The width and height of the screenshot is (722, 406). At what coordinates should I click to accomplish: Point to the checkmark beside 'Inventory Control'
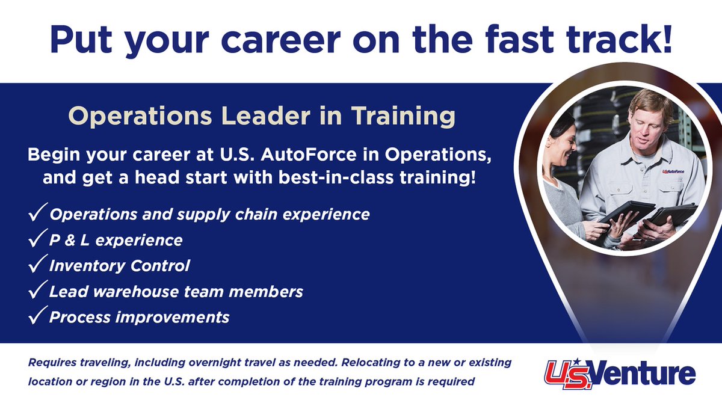pyautogui.click(x=37, y=266)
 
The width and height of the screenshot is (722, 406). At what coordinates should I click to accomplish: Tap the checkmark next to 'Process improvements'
pyautogui.click(x=37, y=317)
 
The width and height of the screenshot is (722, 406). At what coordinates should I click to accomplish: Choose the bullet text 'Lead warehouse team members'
pyautogui.click(x=176, y=292)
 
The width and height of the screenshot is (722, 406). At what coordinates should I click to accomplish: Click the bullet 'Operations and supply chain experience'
pyautogui.click(x=209, y=215)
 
